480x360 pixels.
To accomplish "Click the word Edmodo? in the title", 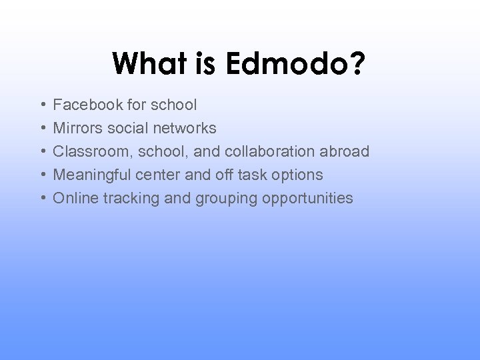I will click(295, 64).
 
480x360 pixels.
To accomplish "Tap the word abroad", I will click(344, 151).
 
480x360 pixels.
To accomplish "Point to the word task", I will click(251, 175).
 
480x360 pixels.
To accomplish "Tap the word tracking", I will click(124, 199).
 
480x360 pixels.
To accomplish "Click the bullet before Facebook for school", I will click(42, 105).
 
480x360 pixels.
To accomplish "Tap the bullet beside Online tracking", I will click(42, 199).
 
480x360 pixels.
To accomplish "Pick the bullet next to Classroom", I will click(42, 152).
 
